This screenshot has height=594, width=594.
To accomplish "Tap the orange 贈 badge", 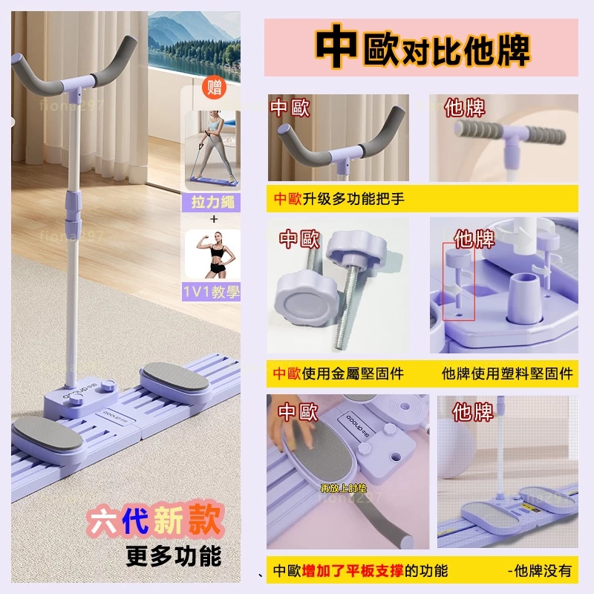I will (215, 89).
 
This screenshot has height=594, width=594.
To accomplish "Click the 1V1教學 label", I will (212, 292).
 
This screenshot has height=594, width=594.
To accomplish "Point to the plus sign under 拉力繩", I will (212, 220).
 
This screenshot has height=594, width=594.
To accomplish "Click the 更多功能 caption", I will (174, 555).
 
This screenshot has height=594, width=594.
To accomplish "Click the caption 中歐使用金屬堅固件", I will (339, 373).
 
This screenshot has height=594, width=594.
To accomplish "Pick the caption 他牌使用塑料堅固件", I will (507, 373).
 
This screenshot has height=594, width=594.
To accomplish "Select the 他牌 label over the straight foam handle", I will (465, 108).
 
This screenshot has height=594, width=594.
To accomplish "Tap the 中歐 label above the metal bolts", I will (299, 239).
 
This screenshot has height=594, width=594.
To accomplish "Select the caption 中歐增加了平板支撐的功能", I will (360, 570).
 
